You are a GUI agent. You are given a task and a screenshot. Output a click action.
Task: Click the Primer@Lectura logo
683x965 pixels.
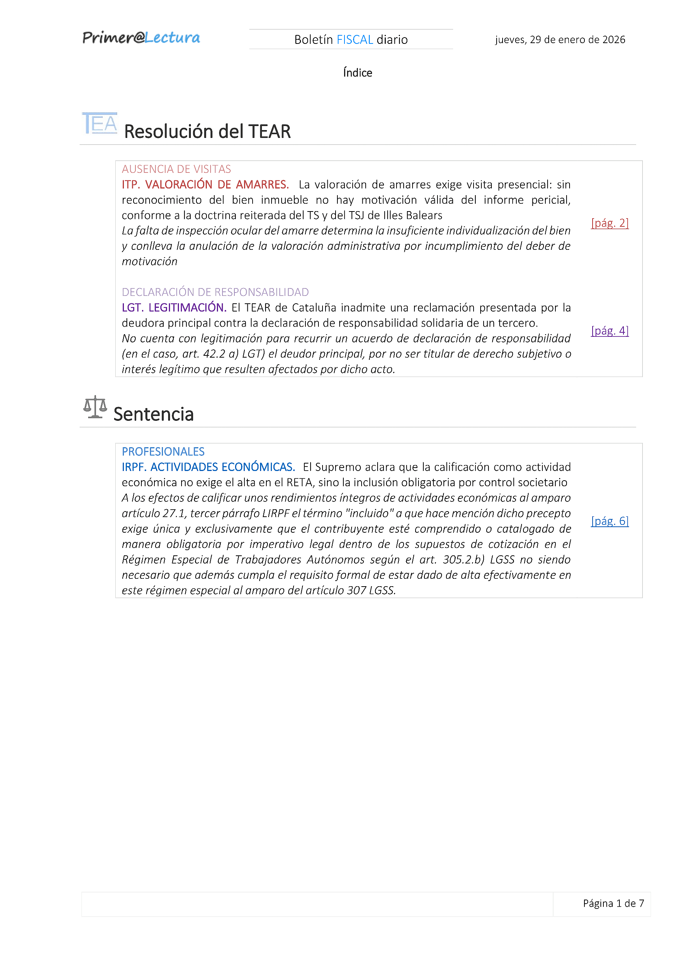141,38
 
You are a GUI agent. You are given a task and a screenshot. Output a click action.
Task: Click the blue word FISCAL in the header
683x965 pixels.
355,39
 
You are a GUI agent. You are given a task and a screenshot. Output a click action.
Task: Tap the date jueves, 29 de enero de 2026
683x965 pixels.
560,39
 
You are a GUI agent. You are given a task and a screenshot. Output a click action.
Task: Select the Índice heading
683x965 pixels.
357,73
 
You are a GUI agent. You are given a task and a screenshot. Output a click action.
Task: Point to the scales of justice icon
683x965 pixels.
95,407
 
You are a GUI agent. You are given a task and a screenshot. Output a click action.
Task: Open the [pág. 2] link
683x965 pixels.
609,223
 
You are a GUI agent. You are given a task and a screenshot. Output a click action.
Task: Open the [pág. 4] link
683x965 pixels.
609,331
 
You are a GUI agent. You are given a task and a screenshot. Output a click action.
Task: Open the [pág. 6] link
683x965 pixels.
609,521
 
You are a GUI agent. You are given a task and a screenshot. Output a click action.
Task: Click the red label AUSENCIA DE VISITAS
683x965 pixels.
176,169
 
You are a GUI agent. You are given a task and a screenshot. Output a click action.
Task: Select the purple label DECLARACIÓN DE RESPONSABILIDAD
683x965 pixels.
215,292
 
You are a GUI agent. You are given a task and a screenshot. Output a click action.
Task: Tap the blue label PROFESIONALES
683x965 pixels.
163,452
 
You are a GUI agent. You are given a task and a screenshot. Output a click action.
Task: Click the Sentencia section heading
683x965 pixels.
154,414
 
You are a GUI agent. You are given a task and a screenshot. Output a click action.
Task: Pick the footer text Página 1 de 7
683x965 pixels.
613,903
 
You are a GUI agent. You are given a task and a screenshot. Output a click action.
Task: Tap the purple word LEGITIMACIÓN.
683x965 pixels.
187,308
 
